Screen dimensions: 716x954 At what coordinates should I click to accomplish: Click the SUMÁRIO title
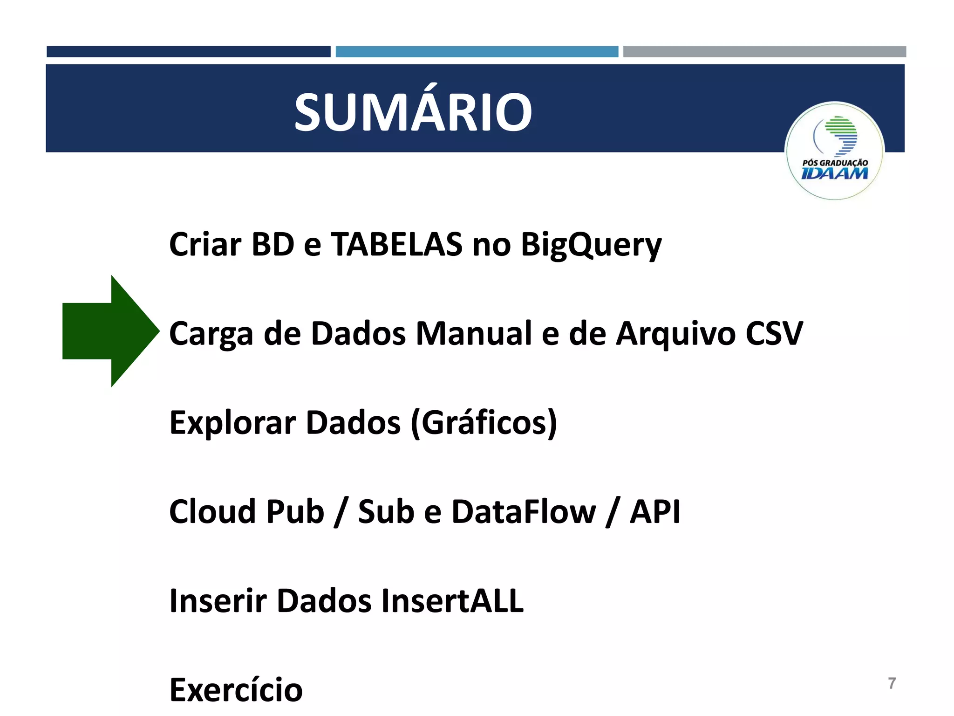click(x=413, y=112)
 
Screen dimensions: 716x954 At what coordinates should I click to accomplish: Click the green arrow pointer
click(x=109, y=331)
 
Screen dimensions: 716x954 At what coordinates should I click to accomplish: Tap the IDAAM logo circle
click(x=834, y=151)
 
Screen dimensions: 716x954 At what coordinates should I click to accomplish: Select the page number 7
click(x=892, y=683)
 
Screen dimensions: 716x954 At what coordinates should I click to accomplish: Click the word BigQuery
click(x=591, y=245)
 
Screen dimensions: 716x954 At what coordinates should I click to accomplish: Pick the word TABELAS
click(x=396, y=244)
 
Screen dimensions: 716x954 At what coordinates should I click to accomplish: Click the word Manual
click(x=474, y=333)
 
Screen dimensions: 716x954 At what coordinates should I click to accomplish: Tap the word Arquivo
click(x=675, y=334)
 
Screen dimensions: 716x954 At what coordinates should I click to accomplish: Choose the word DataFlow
click(x=524, y=512)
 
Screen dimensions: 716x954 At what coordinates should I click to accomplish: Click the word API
click(x=654, y=512)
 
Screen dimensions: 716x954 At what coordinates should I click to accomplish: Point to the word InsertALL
click(x=452, y=601)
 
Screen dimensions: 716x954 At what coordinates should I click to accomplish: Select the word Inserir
click(x=218, y=601)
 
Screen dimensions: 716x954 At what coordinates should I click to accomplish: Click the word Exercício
click(x=236, y=690)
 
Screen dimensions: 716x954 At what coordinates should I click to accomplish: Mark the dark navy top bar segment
click(x=188, y=52)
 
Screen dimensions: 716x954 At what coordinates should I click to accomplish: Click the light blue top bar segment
click(x=477, y=52)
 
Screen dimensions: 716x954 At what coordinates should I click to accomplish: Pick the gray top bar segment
click(x=764, y=52)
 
